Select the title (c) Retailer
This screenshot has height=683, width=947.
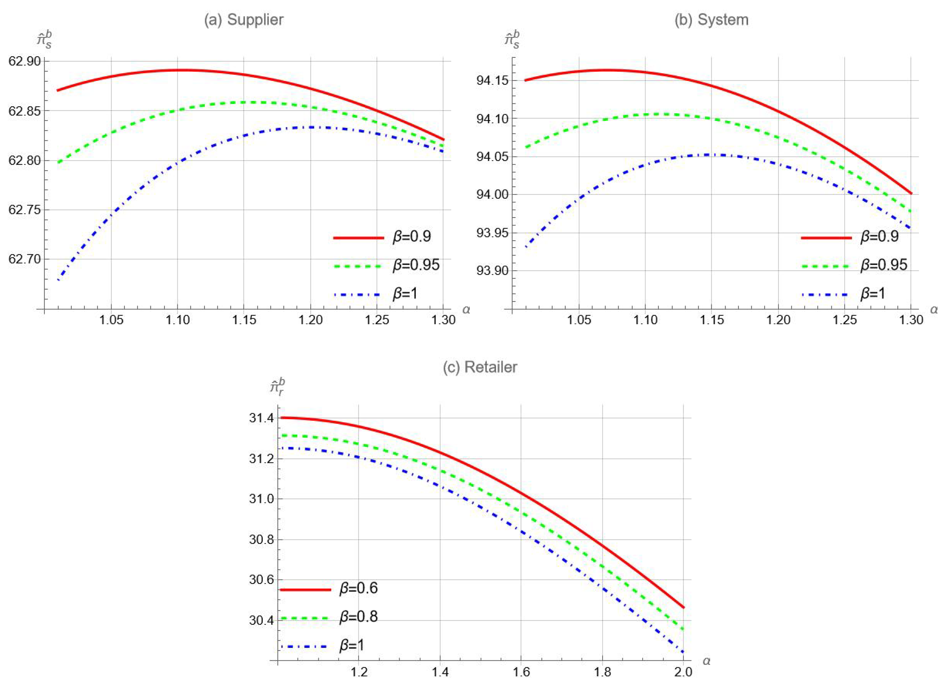tap(480, 367)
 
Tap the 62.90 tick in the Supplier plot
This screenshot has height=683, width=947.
tap(25, 61)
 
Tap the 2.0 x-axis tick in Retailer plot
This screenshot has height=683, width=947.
tap(683, 672)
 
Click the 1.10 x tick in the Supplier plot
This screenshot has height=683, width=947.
tap(178, 320)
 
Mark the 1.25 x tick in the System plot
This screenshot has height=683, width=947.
tap(845, 320)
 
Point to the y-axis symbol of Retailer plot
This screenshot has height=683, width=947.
tap(277, 386)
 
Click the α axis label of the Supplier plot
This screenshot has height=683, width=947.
tap(466, 310)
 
